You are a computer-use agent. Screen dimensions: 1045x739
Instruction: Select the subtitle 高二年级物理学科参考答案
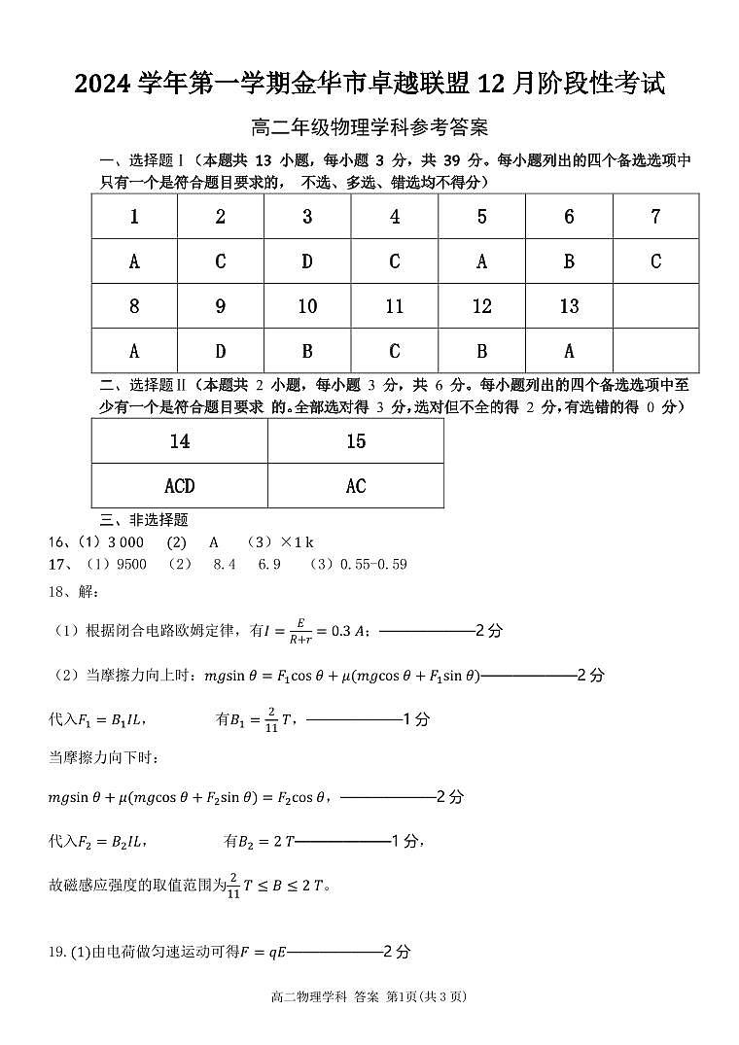(x=369, y=127)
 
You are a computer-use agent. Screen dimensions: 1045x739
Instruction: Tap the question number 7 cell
(x=655, y=217)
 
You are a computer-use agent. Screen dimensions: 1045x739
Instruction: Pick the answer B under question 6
(x=569, y=261)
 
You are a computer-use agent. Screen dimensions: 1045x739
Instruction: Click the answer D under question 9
(x=221, y=351)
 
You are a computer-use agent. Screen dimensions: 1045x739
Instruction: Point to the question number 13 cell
(x=569, y=306)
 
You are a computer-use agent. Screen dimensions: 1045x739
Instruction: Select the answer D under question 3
(x=307, y=261)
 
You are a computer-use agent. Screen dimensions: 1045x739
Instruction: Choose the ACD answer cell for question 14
(x=180, y=486)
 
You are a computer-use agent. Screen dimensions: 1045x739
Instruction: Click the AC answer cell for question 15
(x=356, y=486)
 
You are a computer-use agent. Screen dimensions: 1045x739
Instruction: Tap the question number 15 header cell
(x=356, y=441)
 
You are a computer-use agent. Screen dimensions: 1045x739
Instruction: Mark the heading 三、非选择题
(x=144, y=520)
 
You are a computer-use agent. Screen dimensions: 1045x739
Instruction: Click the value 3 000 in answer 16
(x=125, y=542)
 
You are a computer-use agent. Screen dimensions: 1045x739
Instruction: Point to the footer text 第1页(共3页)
(x=428, y=996)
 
